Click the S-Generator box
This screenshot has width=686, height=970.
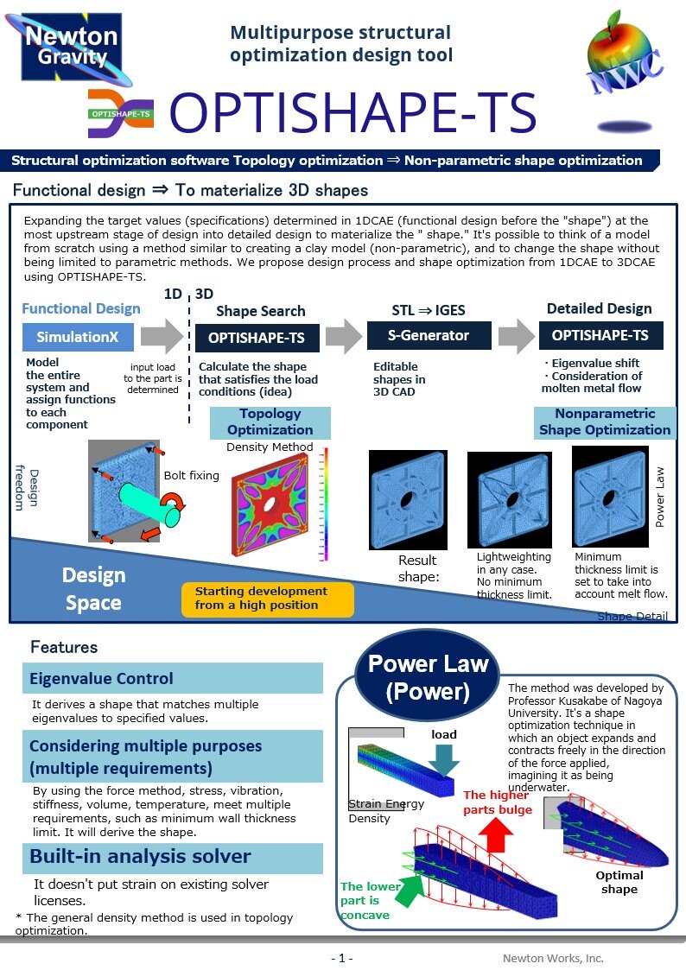tap(429, 336)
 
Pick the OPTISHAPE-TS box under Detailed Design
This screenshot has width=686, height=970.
tap(601, 335)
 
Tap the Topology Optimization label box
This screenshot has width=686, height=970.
tap(270, 422)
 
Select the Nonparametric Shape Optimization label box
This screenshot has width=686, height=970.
tap(604, 422)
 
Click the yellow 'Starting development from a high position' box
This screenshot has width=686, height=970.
tap(267, 599)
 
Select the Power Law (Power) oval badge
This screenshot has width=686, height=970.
tap(429, 677)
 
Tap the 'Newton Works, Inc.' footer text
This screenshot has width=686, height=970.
tap(553, 958)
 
